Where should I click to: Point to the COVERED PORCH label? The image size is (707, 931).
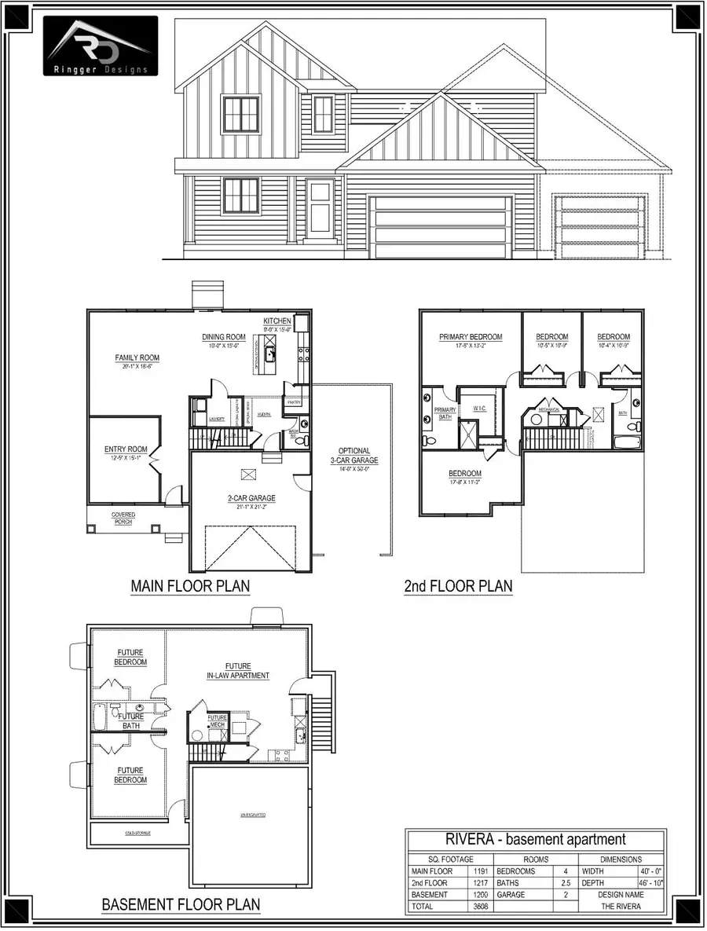pos(123,518)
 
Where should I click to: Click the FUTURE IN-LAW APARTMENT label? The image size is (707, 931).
pos(237,670)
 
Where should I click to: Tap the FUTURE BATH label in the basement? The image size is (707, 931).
pos(131,721)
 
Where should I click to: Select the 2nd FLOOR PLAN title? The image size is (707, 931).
pos(458,586)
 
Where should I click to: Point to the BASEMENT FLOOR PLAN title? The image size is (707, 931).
pos(181,904)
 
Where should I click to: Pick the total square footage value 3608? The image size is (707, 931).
pos(481,907)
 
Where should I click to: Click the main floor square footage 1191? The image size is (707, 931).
pos(481,871)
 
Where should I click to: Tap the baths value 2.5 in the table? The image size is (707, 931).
pos(562,883)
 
